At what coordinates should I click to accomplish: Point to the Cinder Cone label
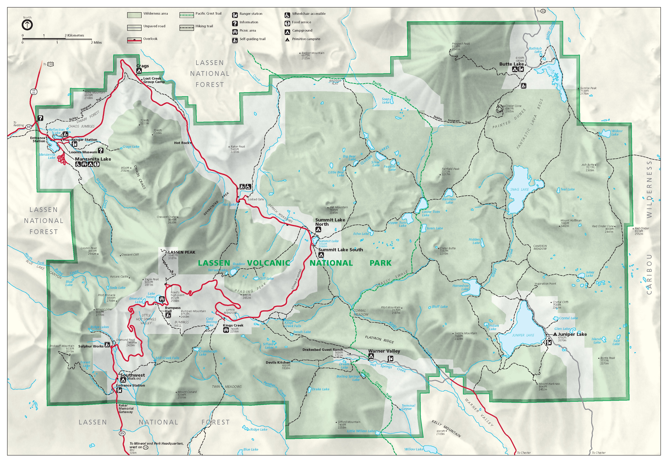pyautogui.click(x=513, y=106)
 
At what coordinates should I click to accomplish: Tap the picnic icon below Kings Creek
pyautogui.click(x=226, y=330)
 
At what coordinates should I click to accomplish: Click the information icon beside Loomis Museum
pyautogui.click(x=101, y=150)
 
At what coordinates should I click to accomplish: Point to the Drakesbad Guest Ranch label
pyautogui.click(x=323, y=350)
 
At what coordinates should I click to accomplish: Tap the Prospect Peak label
pyautogui.click(x=461, y=44)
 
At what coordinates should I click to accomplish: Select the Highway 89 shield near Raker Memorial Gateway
pyautogui.click(x=122, y=433)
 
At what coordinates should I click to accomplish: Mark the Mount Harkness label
pyautogui.click(x=549, y=384)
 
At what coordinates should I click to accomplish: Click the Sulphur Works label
pyautogui.click(x=91, y=346)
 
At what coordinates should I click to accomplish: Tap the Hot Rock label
pyautogui.click(x=182, y=143)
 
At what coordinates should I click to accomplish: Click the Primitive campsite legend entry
pyautogui.click(x=306, y=39)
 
